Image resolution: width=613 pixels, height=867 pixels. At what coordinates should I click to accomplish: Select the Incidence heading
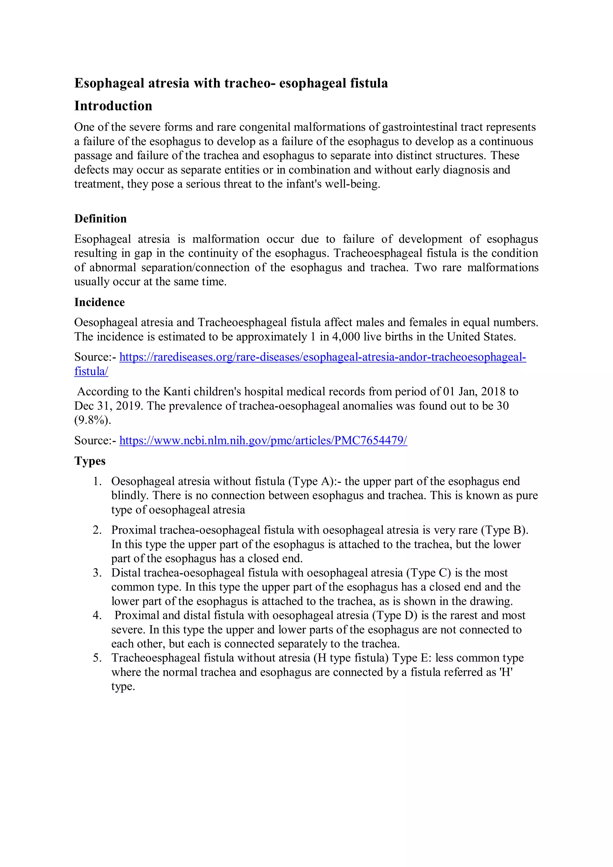point(99,302)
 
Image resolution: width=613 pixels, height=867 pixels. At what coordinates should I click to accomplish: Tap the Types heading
point(90,461)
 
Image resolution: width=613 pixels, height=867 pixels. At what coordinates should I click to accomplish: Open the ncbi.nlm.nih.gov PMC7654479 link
point(263,440)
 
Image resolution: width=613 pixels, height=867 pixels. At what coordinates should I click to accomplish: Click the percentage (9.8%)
point(92,420)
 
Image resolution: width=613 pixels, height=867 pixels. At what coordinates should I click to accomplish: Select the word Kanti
point(176,391)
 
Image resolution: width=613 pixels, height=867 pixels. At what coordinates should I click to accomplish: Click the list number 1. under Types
point(98,482)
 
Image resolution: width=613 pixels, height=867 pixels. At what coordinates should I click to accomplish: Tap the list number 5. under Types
point(98,658)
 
